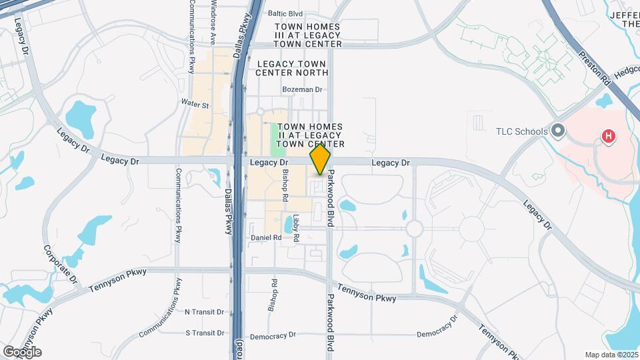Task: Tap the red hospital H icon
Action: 608,137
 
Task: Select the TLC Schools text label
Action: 521,131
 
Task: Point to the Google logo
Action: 22,351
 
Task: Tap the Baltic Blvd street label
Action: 285,13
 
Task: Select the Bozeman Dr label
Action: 302,89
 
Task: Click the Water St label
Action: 195,105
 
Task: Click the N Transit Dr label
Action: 206,312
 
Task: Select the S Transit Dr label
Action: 206,333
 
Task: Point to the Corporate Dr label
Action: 61,265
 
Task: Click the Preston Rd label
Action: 595,67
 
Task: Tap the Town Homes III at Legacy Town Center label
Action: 309,35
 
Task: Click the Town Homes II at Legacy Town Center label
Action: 310,135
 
